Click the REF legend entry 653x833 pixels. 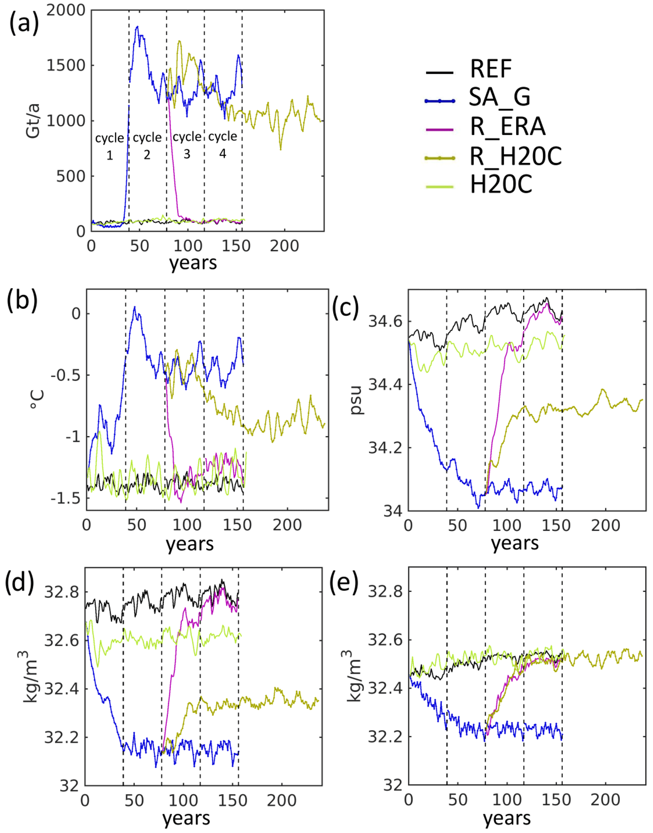pos(491,69)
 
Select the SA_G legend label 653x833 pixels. pos(499,98)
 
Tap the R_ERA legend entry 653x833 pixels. pos(507,127)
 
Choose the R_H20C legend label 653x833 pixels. pos(515,156)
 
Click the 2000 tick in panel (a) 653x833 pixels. pos(66,10)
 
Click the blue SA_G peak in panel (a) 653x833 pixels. pos(137,27)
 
